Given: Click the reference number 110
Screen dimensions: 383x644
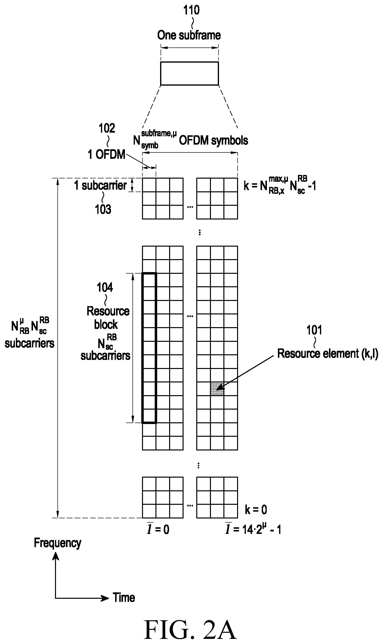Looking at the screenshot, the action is [191, 10].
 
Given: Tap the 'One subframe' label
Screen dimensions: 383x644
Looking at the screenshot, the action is [189, 35].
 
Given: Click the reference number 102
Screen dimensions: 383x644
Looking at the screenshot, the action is [107, 128].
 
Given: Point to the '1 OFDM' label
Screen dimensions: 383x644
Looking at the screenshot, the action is [106, 154].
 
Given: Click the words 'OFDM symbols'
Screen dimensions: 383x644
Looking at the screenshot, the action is [213, 140].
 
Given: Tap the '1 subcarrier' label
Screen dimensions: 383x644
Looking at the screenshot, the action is [100, 185].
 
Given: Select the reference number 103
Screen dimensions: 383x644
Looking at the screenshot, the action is [103, 209].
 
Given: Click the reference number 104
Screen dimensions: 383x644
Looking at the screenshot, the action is [105, 287].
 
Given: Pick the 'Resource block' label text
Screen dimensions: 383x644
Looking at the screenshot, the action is [108, 318].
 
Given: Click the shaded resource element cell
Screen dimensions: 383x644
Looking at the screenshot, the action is [217, 389].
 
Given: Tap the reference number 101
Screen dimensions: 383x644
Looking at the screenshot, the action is [314, 330].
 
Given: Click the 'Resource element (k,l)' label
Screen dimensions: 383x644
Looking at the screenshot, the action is [328, 353].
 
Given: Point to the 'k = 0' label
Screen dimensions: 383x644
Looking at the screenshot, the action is [256, 510].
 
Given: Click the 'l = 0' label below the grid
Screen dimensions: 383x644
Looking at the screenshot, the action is [158, 529].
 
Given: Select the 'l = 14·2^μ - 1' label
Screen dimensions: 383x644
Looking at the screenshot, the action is [253, 529].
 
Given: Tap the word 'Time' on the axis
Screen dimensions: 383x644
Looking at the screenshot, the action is [124, 598].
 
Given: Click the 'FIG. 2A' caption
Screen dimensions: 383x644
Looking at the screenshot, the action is [190, 630].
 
